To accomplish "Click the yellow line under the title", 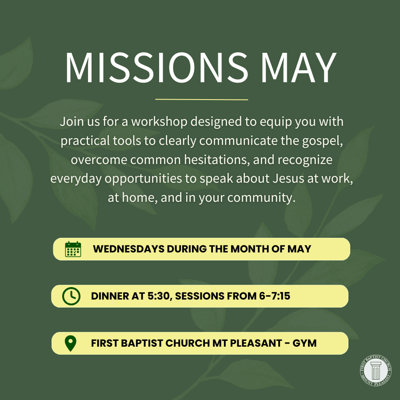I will pyautogui.click(x=201, y=99).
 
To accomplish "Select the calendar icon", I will pyautogui.click(x=73, y=249).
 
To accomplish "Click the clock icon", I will pyautogui.click(x=71, y=296).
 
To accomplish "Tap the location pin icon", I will pyautogui.click(x=71, y=343).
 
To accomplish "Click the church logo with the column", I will pyautogui.click(x=376, y=371).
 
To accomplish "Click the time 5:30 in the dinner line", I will pyautogui.click(x=158, y=296).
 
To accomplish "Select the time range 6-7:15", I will pyautogui.click(x=271, y=296).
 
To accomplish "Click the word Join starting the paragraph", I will pyautogui.click(x=70, y=122).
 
